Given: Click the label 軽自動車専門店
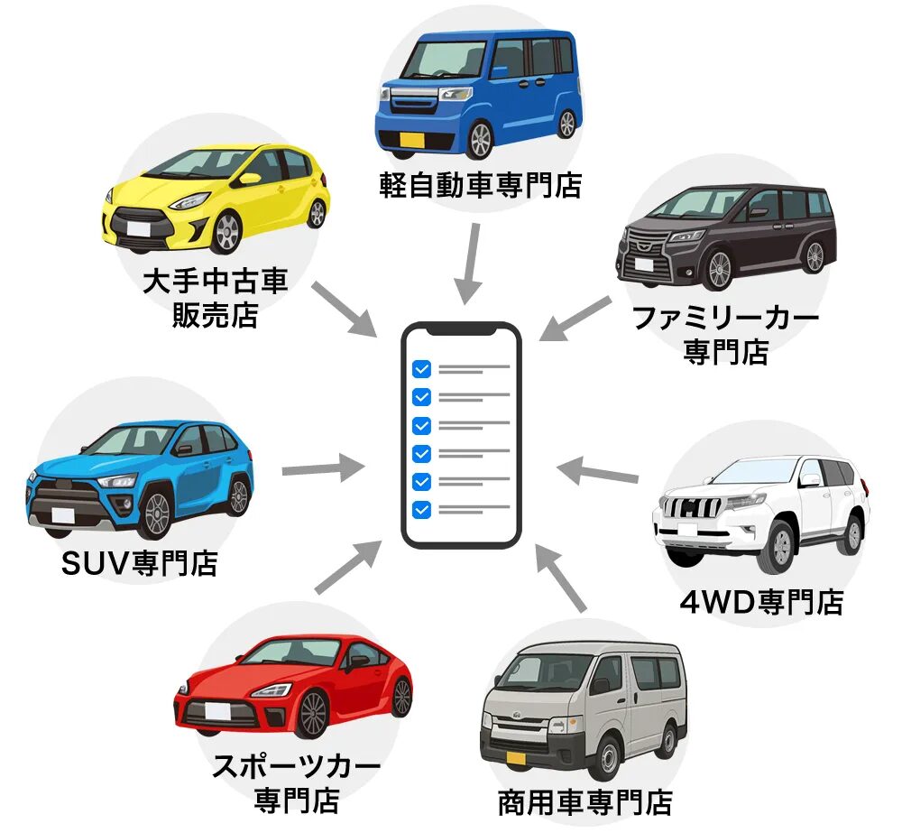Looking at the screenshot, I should click(480, 186).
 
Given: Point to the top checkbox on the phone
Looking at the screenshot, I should click(421, 368).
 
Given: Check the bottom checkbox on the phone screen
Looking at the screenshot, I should click(421, 510).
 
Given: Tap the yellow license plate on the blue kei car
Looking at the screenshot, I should click(411, 140).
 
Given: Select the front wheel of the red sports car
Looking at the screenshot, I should click(312, 712).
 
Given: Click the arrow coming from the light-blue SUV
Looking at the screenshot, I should click(322, 469).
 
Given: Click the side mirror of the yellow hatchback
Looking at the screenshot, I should click(249, 179).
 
